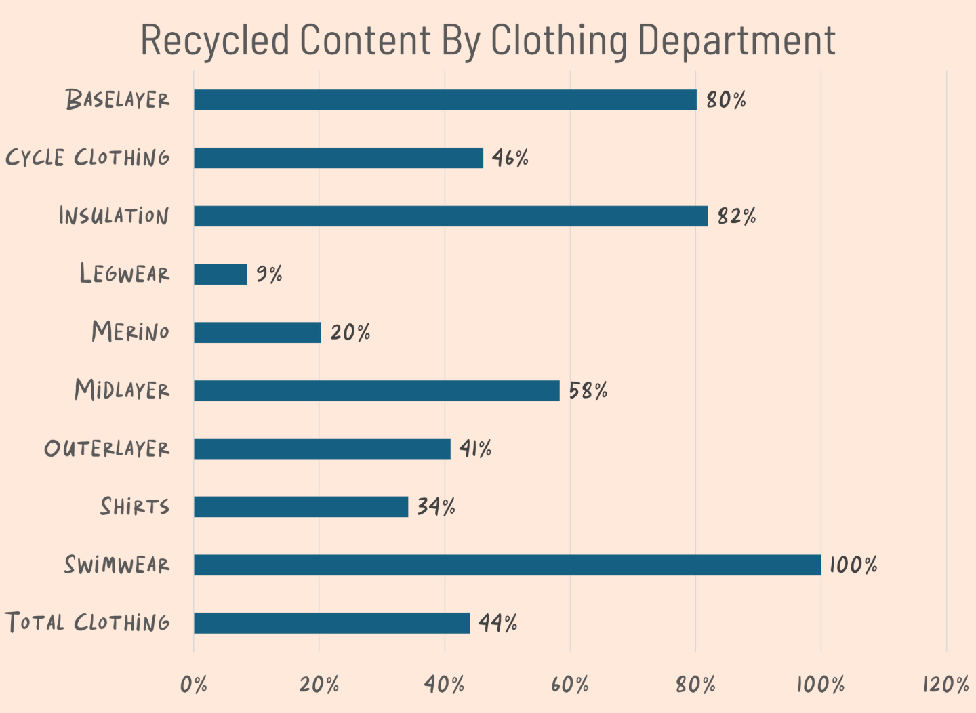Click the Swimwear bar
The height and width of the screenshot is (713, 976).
point(507,565)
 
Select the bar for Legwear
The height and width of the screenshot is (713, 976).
point(220,274)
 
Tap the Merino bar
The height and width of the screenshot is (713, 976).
point(258,332)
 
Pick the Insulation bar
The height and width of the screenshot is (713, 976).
point(451,216)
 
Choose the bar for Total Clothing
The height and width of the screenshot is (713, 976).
point(332,623)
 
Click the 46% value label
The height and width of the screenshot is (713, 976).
point(510,158)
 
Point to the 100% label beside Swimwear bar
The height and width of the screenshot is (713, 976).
point(853,565)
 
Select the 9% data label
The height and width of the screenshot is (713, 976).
point(269,274)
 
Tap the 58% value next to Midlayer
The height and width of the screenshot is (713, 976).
point(588,390)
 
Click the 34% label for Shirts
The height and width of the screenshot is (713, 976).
point(436,506)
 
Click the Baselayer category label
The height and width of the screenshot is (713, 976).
point(118,100)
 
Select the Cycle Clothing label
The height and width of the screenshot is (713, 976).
point(88,158)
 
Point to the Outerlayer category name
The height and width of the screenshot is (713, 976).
point(107,448)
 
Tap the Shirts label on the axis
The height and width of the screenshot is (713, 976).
point(135,506)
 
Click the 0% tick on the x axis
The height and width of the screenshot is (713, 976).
point(194,685)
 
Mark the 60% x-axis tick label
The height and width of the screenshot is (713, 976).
point(570,685)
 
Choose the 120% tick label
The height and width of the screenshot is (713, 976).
point(946,685)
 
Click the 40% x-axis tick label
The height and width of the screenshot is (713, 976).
point(445,685)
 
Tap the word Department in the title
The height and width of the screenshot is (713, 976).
point(737,41)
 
